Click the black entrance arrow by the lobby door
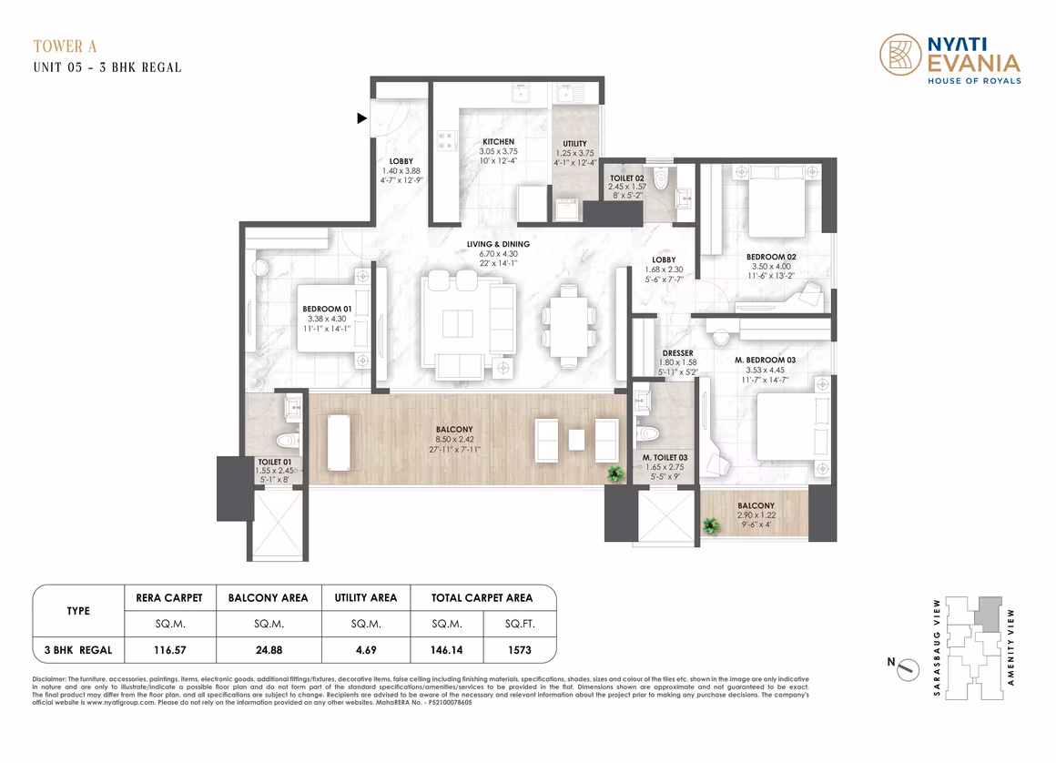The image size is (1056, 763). (x=361, y=117)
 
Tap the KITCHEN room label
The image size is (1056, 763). (x=498, y=141)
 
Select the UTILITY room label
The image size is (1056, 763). (x=574, y=144)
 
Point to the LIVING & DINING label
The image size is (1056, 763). (x=498, y=244)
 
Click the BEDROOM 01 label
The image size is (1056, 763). (x=327, y=309)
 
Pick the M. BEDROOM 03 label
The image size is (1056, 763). (x=765, y=360)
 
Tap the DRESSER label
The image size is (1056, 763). (x=677, y=353)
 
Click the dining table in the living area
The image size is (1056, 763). (x=569, y=327)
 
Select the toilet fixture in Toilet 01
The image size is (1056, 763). (x=288, y=441)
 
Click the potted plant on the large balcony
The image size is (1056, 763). (x=614, y=473)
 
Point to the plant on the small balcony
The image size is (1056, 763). (x=710, y=525)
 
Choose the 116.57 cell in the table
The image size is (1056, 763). (x=169, y=650)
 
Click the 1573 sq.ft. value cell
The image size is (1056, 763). (x=519, y=650)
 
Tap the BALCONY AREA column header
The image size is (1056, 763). (x=268, y=597)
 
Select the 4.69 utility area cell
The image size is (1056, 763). (x=366, y=650)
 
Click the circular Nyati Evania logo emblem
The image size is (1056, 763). (x=900, y=55)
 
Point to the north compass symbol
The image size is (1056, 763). (x=908, y=669)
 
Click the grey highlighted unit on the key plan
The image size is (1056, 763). (x=990, y=615)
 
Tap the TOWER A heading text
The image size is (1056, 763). (x=66, y=46)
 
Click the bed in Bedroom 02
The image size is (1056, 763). (x=776, y=200)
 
